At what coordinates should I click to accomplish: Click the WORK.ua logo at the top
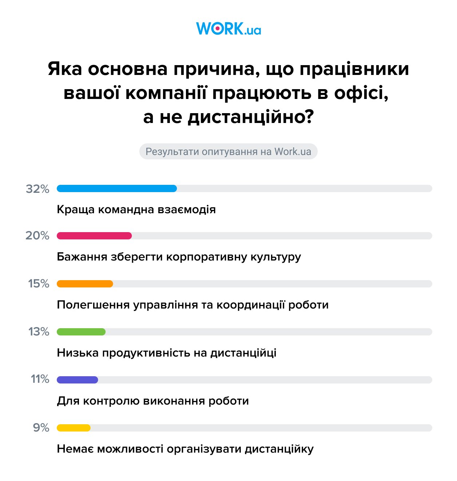point(228,29)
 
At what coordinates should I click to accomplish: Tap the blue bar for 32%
point(117,188)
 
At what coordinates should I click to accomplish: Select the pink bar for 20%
point(94,236)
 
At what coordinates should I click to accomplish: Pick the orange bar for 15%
point(85,284)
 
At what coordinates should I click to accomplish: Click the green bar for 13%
point(81,332)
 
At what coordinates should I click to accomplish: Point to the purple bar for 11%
point(78,380)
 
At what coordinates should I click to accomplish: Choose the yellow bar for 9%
point(73,428)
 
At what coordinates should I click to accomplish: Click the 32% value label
point(37,189)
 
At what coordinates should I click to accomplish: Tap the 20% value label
point(37,236)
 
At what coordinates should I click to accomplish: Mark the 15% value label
point(39,284)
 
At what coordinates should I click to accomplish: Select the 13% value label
point(39,332)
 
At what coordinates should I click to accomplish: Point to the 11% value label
point(40,379)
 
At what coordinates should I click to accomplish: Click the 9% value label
point(41,428)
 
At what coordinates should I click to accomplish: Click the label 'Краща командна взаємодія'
point(136,210)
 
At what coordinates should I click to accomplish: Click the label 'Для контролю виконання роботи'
point(153,401)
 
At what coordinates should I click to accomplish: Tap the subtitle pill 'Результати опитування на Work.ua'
point(228,151)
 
